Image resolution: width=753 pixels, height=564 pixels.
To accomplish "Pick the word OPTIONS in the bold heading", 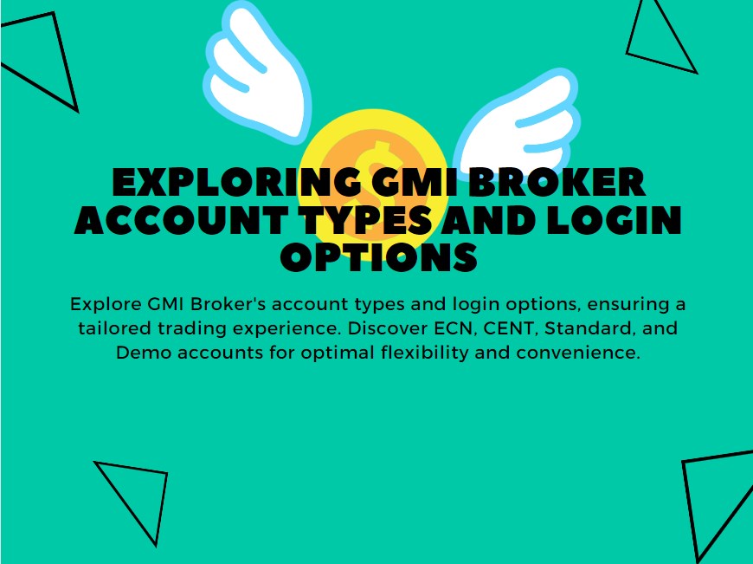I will click(379, 257).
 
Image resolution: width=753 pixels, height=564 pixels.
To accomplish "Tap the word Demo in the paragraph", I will click(139, 353).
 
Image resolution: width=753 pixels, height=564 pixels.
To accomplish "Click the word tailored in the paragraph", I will click(109, 329).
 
